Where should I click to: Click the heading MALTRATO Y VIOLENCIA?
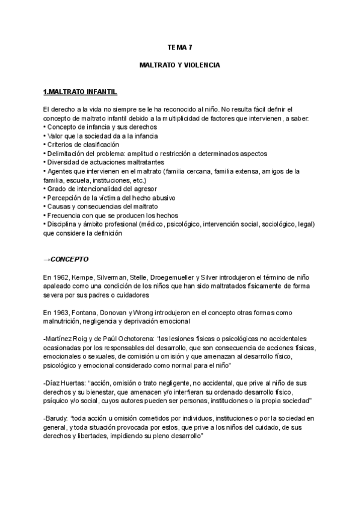click(x=180, y=63)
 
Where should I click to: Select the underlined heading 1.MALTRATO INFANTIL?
click(x=80, y=92)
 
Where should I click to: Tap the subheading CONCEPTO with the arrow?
click(x=66, y=260)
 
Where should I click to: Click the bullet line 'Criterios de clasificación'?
click(x=82, y=145)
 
